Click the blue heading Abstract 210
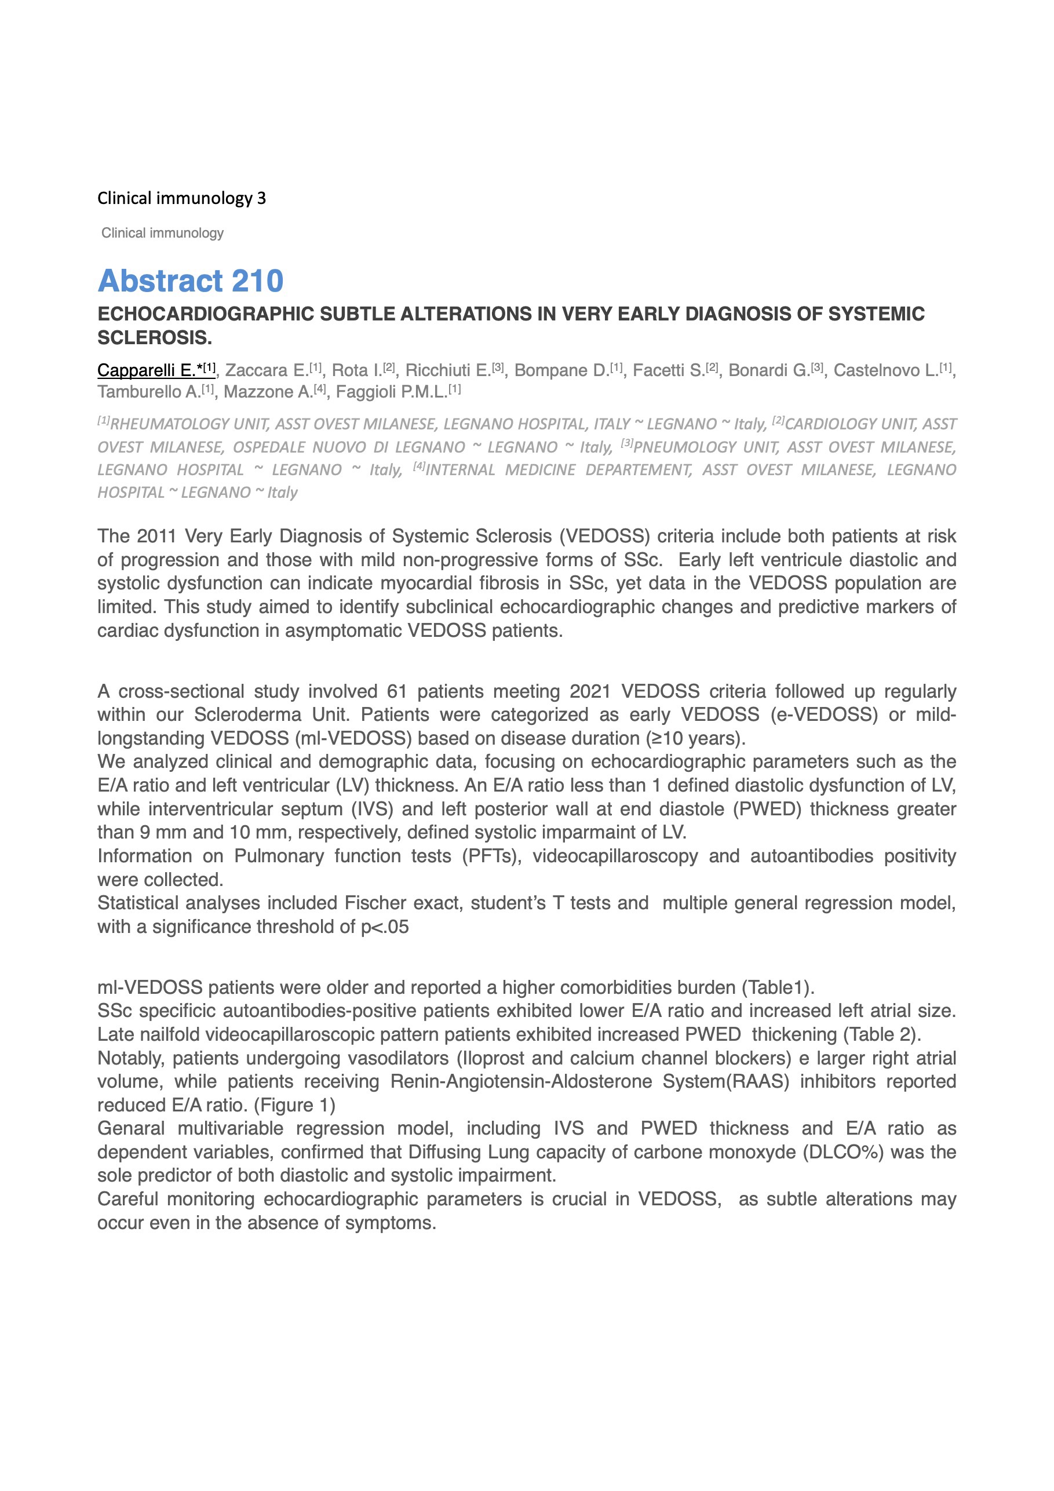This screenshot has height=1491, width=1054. [190, 281]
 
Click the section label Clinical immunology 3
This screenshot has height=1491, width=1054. [181, 198]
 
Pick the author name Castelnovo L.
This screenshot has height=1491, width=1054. [886, 370]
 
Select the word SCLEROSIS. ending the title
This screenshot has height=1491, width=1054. [155, 338]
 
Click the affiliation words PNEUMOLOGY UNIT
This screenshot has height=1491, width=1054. [706, 447]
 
